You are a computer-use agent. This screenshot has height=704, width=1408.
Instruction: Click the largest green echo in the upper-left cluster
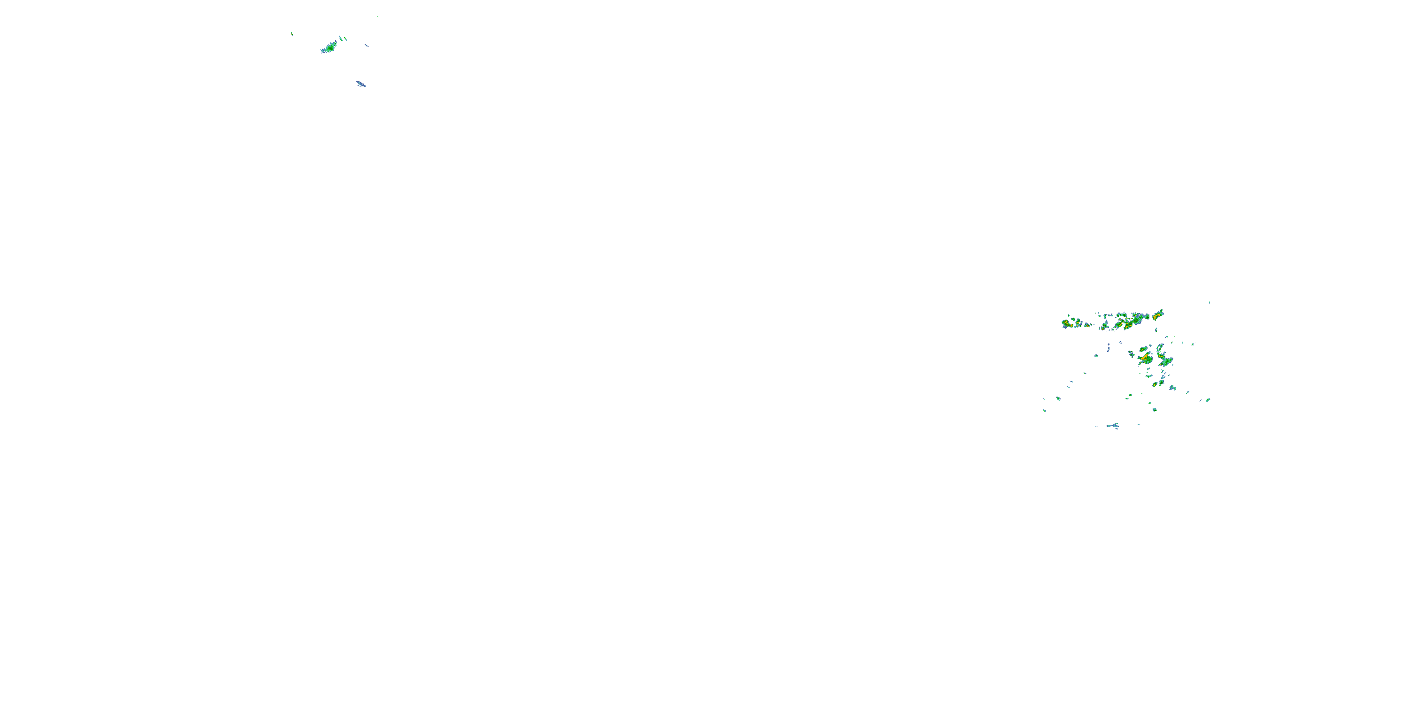click(x=329, y=46)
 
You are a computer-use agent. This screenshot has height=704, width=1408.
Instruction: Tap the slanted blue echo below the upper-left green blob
click(x=361, y=84)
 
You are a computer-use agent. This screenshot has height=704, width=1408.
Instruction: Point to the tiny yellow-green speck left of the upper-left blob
click(x=291, y=34)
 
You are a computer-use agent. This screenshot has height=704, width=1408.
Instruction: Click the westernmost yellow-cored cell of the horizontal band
click(x=1066, y=323)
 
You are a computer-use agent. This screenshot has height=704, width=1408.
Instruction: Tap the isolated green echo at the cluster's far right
click(x=1209, y=400)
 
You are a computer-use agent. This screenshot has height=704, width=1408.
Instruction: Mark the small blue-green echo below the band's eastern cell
click(x=1156, y=330)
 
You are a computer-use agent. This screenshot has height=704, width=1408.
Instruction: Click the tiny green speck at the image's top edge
click(x=377, y=16)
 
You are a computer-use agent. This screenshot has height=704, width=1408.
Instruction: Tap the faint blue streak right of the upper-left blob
click(x=367, y=46)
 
